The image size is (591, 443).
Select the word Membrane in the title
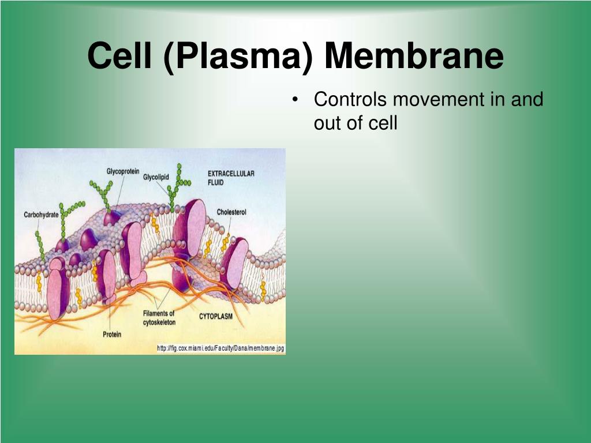click(x=414, y=57)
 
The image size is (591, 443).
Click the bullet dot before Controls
click(x=295, y=100)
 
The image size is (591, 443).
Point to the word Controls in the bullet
click(x=350, y=99)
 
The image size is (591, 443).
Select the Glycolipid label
click(x=156, y=177)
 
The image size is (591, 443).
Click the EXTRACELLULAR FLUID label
click(x=231, y=178)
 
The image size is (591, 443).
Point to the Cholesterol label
click(x=231, y=212)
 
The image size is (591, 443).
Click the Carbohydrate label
click(x=41, y=215)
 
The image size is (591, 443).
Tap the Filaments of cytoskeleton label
click(x=159, y=318)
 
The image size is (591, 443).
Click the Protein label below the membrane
click(x=112, y=335)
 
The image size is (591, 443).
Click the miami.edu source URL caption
click(x=221, y=348)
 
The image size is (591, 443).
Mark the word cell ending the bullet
click(x=383, y=123)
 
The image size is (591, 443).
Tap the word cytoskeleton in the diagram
click(x=159, y=322)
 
